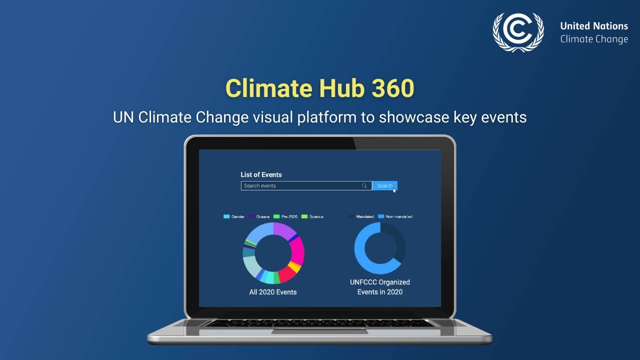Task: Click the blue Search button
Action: [383, 186]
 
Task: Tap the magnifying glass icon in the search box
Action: [364, 186]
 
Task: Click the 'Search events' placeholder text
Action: [260, 186]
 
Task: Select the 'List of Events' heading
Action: [261, 174]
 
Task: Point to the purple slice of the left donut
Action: [284, 230]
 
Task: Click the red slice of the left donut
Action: [286, 274]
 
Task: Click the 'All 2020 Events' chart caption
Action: [273, 292]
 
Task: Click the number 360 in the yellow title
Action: [393, 88]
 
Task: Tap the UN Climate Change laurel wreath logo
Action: [518, 31]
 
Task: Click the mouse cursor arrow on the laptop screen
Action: [394, 190]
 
